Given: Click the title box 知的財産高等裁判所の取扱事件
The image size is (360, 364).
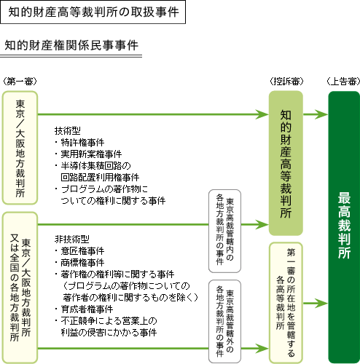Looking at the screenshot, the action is (93, 12).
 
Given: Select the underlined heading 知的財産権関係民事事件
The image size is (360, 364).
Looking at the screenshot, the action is (71, 45).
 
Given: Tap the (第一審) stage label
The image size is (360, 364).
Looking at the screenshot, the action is (20, 82).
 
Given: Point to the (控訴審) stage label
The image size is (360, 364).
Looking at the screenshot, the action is (286, 82).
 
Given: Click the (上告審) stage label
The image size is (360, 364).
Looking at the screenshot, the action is (343, 82).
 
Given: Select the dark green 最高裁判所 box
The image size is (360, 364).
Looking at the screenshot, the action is (344, 227).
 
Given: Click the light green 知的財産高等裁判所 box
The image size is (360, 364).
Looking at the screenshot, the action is (286, 163).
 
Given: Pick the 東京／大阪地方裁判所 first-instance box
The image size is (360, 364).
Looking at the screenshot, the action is (20, 148).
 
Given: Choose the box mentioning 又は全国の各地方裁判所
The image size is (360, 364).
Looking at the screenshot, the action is (20, 288).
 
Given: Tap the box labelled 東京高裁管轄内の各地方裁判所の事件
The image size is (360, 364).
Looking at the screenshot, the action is (224, 231).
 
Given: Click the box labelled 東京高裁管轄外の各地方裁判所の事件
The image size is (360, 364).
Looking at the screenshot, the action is (224, 322).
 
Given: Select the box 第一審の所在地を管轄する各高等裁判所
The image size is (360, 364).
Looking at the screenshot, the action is (286, 303).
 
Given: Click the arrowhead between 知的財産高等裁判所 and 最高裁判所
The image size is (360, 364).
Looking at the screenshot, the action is (321, 114).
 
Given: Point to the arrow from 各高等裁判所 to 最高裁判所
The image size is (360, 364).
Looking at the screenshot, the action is (316, 303).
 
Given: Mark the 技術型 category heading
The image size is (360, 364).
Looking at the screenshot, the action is (67, 131).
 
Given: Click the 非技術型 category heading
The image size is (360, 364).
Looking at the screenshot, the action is (71, 240).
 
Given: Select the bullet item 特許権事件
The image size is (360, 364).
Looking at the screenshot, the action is (79, 143).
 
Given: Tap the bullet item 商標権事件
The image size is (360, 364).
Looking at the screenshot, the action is (79, 263).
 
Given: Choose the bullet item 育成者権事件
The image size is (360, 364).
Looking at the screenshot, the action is (84, 309).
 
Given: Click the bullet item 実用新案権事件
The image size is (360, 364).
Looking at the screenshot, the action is (88, 154).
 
